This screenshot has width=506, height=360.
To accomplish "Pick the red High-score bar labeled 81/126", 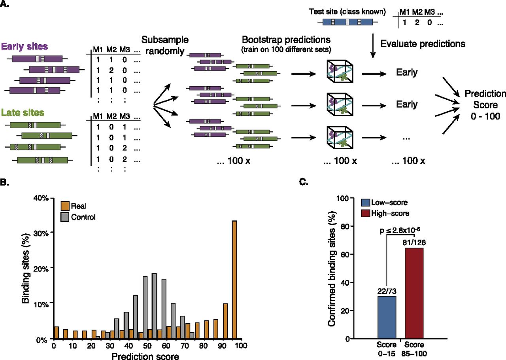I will point(414,293).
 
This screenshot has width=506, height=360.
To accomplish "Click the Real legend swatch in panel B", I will point(65,206).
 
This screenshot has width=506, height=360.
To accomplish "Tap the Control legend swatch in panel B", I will point(65,217).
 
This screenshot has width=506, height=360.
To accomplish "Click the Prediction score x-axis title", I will point(146,355).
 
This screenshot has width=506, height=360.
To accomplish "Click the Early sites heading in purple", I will point(25,46).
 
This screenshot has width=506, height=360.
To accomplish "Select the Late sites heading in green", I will point(23,113).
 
